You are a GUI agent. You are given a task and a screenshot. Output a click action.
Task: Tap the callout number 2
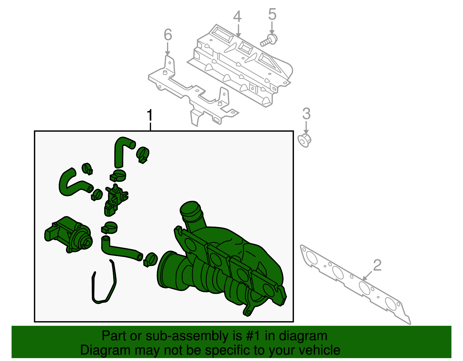(x=377, y=265)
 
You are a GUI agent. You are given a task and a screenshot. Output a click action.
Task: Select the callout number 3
(x=306, y=114)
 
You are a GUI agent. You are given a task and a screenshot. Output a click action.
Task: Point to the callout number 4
(x=237, y=16)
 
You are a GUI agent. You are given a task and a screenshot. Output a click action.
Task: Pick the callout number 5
(x=272, y=14)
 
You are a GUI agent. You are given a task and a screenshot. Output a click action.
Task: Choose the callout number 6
(x=168, y=35)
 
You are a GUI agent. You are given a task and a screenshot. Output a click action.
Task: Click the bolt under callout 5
(x=269, y=41)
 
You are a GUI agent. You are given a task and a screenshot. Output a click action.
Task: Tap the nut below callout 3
(x=304, y=140)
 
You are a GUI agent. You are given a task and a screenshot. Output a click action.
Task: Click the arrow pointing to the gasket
(x=367, y=276)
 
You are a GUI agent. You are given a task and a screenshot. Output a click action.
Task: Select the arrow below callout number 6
(x=168, y=49)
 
